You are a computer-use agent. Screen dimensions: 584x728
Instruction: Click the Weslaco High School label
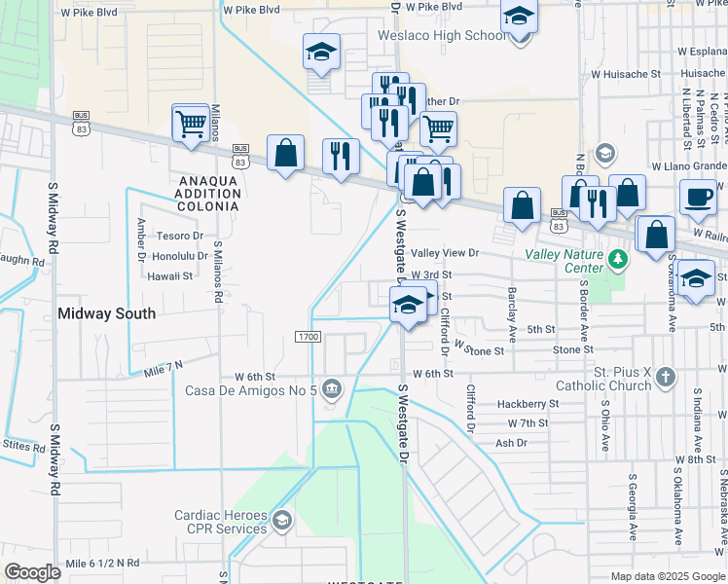tap(443, 36)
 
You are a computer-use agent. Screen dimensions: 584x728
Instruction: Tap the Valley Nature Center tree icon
tap(617, 260)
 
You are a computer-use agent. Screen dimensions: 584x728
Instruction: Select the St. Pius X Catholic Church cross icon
tap(665, 376)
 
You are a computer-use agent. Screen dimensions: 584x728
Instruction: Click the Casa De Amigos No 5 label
tap(251, 390)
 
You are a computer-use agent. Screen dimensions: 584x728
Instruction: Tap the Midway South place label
tap(106, 313)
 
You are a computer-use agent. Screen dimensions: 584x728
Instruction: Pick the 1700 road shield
tap(309, 337)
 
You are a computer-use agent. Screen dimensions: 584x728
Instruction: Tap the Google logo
tap(31, 572)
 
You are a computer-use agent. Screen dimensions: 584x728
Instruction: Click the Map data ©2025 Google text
tap(668, 576)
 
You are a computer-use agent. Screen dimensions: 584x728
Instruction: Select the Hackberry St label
tap(527, 403)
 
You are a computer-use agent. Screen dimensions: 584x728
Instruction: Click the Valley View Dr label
tap(446, 253)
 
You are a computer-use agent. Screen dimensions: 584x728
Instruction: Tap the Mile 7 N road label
tap(163, 369)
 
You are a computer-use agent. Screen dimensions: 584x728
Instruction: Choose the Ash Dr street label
tap(511, 443)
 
